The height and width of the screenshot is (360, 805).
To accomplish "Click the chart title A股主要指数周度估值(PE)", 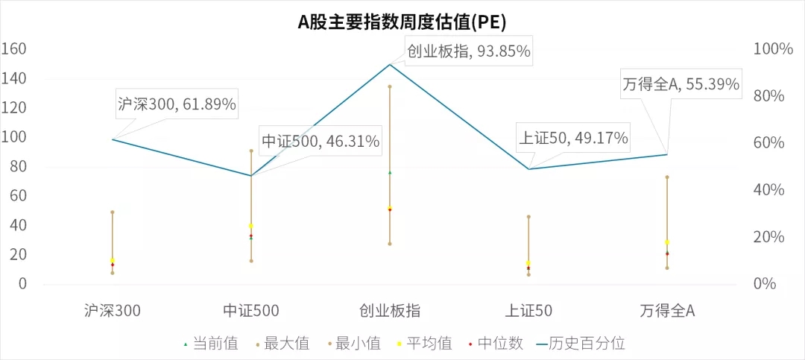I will click(402, 22).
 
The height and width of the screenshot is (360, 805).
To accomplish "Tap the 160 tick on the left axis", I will click(15, 49).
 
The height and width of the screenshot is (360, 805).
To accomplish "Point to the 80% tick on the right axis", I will click(774, 96).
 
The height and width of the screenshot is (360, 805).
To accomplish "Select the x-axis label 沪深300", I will click(113, 311).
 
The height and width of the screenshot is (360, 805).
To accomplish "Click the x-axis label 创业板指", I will click(389, 311).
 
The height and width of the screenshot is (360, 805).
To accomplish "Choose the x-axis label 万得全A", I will click(667, 311).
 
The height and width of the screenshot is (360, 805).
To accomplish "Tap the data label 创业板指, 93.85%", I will click(468, 51).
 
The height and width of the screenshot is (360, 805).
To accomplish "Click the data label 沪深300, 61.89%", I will click(177, 104).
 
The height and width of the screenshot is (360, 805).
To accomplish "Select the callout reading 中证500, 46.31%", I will click(321, 141).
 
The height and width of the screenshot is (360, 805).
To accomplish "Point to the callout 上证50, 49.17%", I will click(573, 138).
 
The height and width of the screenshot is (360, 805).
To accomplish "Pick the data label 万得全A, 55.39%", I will click(681, 84).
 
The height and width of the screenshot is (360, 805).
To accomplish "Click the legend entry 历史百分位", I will click(586, 344).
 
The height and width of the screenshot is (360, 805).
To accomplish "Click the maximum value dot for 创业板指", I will click(389, 86).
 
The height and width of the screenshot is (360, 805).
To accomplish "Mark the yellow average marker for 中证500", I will click(251, 226).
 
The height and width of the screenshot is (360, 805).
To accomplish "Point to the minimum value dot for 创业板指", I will click(389, 244).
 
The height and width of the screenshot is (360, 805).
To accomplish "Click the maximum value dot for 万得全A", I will click(667, 177).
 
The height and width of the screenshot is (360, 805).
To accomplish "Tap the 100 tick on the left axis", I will click(15, 137).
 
